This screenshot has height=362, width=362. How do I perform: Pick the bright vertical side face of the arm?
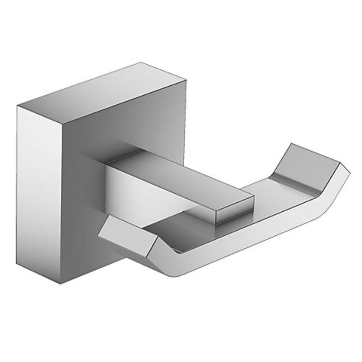[131, 190]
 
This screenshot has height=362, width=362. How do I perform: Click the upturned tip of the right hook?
[312, 161]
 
